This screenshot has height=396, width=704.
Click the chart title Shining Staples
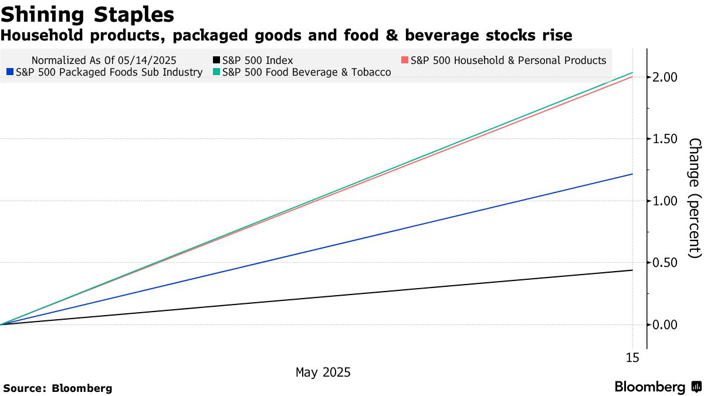click(x=87, y=14)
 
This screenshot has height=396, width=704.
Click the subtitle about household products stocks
click(x=286, y=36)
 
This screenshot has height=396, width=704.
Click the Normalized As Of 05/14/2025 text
click(x=104, y=60)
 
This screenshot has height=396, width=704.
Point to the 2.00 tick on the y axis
click(x=666, y=77)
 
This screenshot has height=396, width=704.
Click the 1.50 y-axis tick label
click(x=666, y=139)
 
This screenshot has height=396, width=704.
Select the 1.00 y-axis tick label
click(x=666, y=201)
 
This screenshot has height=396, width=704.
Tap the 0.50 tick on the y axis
click(x=666, y=263)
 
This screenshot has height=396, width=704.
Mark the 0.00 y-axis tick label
click(x=666, y=325)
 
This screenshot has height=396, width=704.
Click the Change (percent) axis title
click(x=694, y=198)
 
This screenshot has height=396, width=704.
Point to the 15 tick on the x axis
click(x=632, y=358)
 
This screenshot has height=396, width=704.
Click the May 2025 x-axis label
click(x=323, y=373)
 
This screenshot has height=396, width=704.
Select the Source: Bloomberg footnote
click(x=57, y=388)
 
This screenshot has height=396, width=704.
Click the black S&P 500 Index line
click(x=352, y=295)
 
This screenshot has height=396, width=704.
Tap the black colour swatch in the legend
click(x=216, y=60)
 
